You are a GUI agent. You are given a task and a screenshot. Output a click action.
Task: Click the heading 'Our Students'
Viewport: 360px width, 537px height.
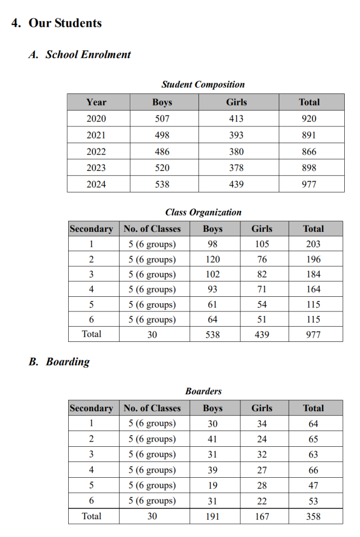(65, 23)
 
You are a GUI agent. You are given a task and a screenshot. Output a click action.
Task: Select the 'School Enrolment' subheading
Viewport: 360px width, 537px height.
(88, 55)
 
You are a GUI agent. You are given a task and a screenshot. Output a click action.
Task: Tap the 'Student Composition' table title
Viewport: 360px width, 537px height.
(203, 84)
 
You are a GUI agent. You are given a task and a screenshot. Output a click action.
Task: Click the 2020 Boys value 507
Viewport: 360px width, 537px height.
(162, 119)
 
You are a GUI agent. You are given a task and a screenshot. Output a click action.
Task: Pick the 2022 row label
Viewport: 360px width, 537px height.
(96, 152)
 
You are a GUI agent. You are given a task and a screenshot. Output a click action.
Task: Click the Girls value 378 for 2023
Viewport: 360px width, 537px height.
(236, 168)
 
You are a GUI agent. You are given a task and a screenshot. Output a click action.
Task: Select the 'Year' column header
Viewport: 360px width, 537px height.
(96, 102)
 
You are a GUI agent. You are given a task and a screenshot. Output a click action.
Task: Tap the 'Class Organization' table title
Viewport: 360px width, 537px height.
(203, 212)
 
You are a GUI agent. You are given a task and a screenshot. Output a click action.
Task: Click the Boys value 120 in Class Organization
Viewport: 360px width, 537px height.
(213, 259)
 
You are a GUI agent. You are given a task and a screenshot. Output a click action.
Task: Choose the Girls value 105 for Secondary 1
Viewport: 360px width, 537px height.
(261, 244)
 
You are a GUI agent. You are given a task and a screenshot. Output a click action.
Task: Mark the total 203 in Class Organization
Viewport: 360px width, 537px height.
(313, 244)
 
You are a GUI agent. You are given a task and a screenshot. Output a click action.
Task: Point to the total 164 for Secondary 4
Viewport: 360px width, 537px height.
(313, 289)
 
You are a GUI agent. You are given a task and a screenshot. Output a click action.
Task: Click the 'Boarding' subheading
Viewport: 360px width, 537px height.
(68, 362)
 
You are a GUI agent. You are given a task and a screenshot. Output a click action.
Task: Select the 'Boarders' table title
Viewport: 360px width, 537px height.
(203, 391)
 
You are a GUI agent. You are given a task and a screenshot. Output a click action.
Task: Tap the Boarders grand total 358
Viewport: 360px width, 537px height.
(313, 517)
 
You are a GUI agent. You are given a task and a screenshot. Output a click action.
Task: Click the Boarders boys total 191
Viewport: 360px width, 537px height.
(213, 517)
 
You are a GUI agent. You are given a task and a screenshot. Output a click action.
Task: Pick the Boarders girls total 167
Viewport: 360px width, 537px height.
(261, 517)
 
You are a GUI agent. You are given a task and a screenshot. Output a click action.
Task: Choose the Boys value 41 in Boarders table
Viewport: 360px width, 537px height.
(213, 439)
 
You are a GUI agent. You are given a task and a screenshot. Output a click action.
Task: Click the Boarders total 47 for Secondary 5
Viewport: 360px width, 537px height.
(313, 485)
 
